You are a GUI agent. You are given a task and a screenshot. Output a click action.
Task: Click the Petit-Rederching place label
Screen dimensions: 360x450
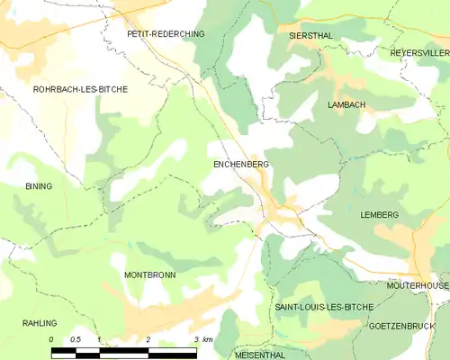click(166, 33)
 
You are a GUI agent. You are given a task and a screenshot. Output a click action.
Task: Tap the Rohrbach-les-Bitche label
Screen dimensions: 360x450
click(80, 90)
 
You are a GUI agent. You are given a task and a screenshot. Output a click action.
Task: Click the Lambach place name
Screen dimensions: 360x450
click(346, 105)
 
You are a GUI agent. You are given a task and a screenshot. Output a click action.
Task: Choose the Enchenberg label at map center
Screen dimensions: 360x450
click(241, 165)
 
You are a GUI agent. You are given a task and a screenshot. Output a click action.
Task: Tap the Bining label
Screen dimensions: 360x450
click(39, 186)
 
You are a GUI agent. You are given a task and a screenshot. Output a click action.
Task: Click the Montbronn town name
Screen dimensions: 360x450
click(149, 274)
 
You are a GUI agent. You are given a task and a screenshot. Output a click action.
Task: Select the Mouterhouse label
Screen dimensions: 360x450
click(418, 285)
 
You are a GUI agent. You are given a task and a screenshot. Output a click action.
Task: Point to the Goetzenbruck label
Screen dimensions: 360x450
click(402, 326)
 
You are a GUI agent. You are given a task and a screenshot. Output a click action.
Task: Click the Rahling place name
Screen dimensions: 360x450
click(40, 323)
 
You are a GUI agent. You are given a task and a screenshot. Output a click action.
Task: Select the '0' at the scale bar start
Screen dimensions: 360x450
click(52, 339)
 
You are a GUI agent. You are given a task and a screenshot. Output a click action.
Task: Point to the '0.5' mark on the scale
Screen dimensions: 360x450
click(76, 339)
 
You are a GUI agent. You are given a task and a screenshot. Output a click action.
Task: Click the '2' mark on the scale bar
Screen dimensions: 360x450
click(148, 339)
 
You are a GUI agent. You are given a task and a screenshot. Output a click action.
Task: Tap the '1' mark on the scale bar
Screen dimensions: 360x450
click(100, 339)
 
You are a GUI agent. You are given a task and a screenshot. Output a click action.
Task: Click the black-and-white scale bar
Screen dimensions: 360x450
click(124, 350)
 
